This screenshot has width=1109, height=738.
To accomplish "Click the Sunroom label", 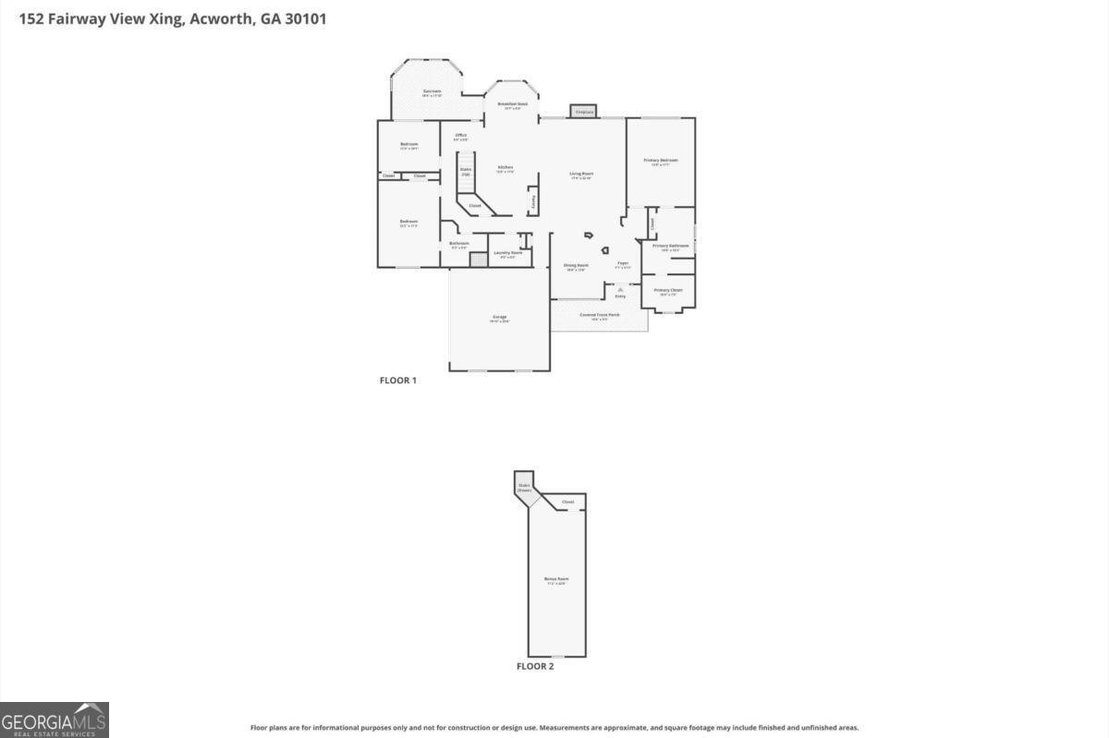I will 432,91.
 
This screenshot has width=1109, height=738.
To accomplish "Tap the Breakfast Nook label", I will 512,104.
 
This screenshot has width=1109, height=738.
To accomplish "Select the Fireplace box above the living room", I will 583,111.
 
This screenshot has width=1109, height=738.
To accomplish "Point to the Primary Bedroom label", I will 660,161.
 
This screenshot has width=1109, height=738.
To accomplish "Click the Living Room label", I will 580,174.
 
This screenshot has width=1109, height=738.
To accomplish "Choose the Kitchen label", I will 505,168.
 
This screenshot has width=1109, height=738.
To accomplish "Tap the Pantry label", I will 532,200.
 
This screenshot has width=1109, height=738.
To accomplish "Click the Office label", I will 460,136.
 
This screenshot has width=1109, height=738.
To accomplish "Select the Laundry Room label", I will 507,252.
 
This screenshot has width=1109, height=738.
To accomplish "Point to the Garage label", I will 499,318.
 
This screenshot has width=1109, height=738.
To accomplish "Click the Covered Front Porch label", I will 600,315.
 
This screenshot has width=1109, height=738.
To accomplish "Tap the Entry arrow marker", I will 620,289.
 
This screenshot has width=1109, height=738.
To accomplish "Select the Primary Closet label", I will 668,291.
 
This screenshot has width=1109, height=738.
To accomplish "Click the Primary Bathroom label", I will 670,246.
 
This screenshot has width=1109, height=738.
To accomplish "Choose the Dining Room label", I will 576,266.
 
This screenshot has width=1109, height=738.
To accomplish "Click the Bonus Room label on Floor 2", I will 555,579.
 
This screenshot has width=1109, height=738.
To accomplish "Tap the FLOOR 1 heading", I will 398,381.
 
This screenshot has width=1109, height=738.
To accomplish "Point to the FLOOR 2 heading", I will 534,666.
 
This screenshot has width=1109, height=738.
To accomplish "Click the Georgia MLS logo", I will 55,720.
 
